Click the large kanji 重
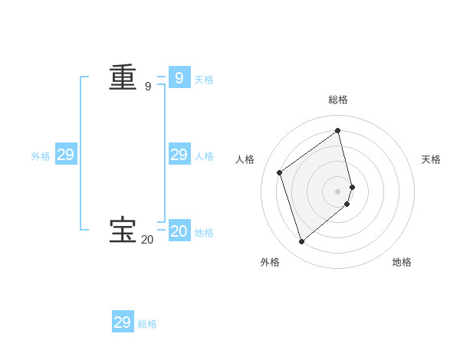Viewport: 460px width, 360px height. [123, 77]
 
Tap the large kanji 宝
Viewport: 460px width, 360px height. [123, 230]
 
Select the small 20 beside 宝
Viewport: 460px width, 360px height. [147, 240]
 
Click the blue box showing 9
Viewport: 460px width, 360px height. [179, 77]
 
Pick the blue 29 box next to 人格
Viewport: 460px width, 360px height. [179, 155]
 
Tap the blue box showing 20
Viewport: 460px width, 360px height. [179, 231]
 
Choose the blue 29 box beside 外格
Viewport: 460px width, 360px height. [66, 155]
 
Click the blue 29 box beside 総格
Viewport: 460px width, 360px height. [123, 322]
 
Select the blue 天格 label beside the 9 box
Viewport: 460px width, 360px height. [204, 80]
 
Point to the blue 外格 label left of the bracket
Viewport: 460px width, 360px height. [41, 156]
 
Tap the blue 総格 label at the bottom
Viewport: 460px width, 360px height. [147, 324]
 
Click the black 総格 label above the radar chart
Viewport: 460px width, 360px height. [338, 100]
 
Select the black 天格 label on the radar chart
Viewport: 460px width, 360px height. [431, 159]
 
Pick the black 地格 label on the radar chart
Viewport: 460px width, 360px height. [402, 262]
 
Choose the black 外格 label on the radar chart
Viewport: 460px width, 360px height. [270, 262]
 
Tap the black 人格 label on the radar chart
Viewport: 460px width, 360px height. [245, 159]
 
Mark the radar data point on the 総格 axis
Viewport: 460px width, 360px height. [338, 130]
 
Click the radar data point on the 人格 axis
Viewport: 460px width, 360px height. [280, 172]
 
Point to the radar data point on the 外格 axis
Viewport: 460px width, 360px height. [302, 242]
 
